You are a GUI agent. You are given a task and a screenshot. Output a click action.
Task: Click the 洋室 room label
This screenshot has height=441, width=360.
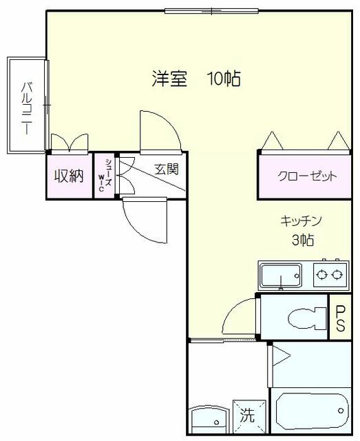coord(169,79)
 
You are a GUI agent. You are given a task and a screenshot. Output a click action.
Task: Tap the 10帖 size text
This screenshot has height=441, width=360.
coord(224,79)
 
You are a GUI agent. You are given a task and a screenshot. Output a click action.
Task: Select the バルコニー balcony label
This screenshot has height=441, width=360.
coord(27,107)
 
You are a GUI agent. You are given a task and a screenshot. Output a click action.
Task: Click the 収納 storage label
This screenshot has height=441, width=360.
coord(69,176)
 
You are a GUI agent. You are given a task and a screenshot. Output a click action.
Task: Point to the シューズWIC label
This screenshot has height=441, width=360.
coord(105,175)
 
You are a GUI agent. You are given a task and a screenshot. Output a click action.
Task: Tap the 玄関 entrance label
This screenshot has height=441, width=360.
coord(167,170)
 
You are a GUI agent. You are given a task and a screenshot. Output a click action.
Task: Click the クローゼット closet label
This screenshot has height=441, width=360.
coord(307,176)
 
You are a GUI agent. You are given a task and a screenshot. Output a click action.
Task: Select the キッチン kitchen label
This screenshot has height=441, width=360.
coord(301,220)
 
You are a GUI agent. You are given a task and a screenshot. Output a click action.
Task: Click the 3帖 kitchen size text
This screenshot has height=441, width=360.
coord(303,240)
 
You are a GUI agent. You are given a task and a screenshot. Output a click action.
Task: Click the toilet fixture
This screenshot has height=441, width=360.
coord(307,318)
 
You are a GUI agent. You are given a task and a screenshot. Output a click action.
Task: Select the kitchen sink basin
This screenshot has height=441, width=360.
coord(280,276)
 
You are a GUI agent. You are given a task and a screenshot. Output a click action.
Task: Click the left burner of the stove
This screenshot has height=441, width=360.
coord(320,274)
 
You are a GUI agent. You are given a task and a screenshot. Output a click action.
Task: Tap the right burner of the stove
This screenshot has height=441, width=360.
coord(336,274)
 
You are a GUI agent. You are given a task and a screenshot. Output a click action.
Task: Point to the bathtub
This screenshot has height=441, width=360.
coord(313,411)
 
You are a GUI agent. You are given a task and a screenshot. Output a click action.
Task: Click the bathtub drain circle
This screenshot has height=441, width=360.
coord(341,411)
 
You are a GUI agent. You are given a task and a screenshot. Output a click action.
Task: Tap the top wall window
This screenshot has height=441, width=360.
coord(211,11)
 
